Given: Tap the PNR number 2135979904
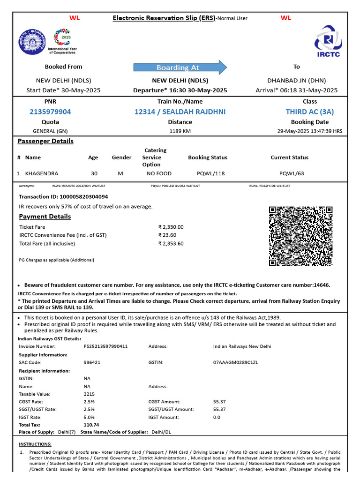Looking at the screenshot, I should pyautogui.click(x=50, y=112).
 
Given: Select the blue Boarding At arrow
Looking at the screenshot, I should pyautogui.click(x=180, y=67).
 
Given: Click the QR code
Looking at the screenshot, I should pyautogui.click(x=301, y=236).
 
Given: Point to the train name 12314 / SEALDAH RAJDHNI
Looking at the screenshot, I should pyautogui.click(x=180, y=112).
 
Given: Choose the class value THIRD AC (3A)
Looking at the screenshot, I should pyautogui.click(x=309, y=112).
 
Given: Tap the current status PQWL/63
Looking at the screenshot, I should pyautogui.click(x=292, y=173).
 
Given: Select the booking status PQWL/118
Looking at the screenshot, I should pyautogui.click(x=211, y=173).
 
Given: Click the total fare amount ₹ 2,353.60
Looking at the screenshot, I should pyautogui.click(x=171, y=244).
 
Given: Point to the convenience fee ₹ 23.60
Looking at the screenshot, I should pyautogui.click(x=167, y=235).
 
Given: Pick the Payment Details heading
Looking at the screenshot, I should pyautogui.click(x=45, y=217).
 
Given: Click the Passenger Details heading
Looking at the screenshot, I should pyautogui.click(x=45, y=141).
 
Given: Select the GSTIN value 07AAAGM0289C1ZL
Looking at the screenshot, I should pyautogui.click(x=236, y=362).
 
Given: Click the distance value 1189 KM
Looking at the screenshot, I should pyautogui.click(x=180, y=131).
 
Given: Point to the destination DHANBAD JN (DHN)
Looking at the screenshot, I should pyautogui.click(x=296, y=80).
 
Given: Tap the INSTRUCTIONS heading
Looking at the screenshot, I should pyautogui.click(x=35, y=444).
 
